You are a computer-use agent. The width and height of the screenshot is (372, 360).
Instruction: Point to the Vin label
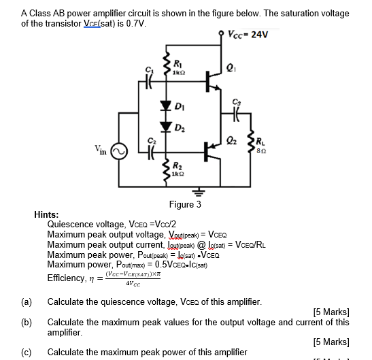100,148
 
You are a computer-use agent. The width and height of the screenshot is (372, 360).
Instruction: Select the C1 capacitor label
140,71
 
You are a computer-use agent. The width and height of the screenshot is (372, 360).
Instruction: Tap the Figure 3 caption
186,204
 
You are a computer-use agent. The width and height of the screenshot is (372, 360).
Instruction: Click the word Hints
46,214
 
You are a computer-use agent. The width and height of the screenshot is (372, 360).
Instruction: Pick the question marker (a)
27,301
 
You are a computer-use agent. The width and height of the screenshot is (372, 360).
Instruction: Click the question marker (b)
27,322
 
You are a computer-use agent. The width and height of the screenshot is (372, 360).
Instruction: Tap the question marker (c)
27,352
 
